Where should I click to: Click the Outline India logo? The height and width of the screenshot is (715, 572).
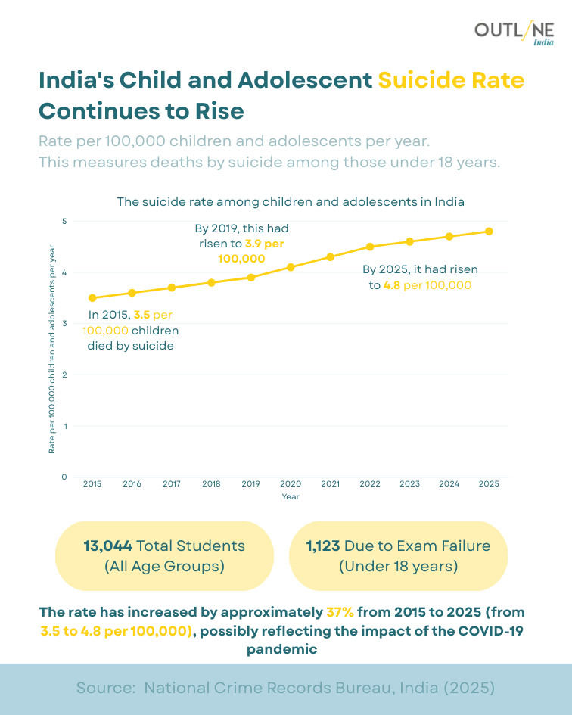click(514, 33)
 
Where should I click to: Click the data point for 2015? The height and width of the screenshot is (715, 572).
click(92, 298)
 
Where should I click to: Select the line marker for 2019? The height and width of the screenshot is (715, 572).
click(251, 277)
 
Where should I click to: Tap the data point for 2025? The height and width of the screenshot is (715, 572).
click(489, 232)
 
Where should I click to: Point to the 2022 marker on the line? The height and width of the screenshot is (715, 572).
click(370, 247)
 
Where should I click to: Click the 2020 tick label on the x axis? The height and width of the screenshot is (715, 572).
click(291, 483)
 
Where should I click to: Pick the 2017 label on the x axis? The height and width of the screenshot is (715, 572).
click(172, 483)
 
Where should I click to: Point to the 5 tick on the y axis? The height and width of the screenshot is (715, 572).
click(64, 221)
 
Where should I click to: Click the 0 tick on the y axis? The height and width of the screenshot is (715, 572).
click(64, 477)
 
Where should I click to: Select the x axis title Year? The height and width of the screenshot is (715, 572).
click(291, 497)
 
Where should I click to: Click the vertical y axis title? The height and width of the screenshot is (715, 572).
click(52, 349)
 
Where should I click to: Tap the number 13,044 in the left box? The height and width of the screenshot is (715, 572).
click(108, 546)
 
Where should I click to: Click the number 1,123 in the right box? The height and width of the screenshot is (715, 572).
click(323, 546)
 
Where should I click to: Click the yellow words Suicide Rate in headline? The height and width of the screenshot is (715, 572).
click(451, 80)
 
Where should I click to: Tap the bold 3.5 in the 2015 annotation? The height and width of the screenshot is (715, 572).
click(141, 314)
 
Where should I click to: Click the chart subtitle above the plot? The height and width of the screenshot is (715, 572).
click(291, 202)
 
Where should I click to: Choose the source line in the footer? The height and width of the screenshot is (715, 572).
click(286, 688)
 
